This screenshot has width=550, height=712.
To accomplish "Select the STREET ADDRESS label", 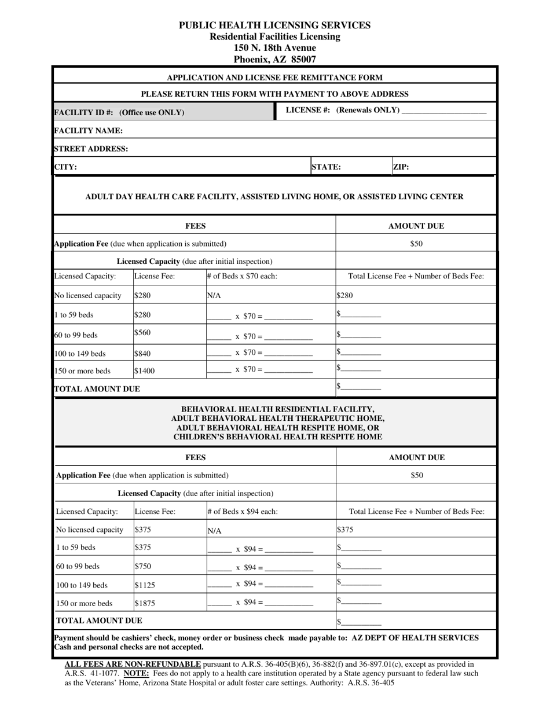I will [x=91, y=149].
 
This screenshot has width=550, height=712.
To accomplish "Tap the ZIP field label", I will [x=401, y=167].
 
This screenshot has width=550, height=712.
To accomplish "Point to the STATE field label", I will [x=326, y=167].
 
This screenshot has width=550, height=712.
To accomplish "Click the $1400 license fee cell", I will [x=144, y=371].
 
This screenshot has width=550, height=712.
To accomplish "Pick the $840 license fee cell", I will [x=142, y=354].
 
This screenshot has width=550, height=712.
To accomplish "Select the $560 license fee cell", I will [x=142, y=333].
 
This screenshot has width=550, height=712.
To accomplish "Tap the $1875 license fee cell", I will [x=145, y=603].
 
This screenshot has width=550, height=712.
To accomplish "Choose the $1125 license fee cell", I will [x=145, y=585].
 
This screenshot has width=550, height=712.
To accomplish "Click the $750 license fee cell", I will [x=143, y=566].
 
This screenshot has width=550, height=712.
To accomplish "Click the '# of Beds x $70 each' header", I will [x=241, y=277].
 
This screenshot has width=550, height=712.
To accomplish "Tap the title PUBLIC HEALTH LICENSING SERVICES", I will [x=274, y=25].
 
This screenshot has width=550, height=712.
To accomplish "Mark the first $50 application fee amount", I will [x=416, y=244].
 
